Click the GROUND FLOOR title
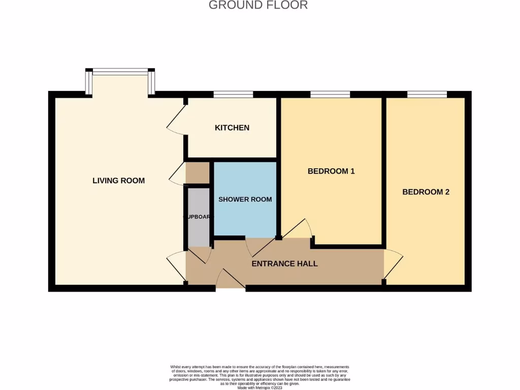coord(258,6)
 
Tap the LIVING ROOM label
coord(118,180)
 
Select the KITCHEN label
coord(232,127)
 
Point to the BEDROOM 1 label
coord(331,171)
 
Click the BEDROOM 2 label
coord(426,192)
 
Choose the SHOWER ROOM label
coord(245,199)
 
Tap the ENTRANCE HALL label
coord(284,264)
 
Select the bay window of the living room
coord(120,72)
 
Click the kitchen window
coord(233,94)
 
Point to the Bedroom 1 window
coord(330,94)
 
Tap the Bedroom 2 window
coord(427,94)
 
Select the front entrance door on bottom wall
coord(231,279)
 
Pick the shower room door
coord(256,247)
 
